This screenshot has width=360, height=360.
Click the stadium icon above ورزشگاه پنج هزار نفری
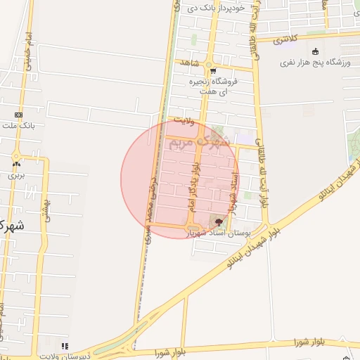click(315, 51)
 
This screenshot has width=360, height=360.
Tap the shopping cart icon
click(212, 70)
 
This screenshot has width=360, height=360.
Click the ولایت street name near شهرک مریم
click(183, 121)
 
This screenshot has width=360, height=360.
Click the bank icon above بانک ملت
click(18, 115)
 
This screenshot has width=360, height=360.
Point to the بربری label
click(16, 174)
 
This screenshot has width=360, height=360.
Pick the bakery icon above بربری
click(15, 164)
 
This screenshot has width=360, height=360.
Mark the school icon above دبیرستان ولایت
click(65, 345)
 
